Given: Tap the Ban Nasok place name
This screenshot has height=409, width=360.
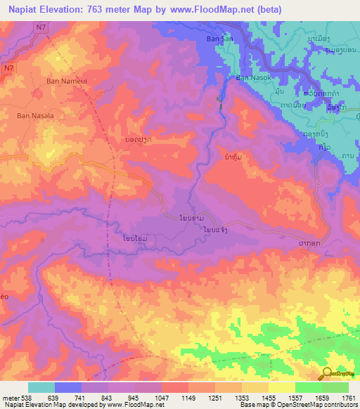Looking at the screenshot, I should [252, 77].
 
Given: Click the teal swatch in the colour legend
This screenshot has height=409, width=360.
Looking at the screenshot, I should [41, 387].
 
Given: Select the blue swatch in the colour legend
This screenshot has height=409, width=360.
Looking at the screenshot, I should [67, 387].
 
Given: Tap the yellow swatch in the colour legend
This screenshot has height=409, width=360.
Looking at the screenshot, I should [281, 387].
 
